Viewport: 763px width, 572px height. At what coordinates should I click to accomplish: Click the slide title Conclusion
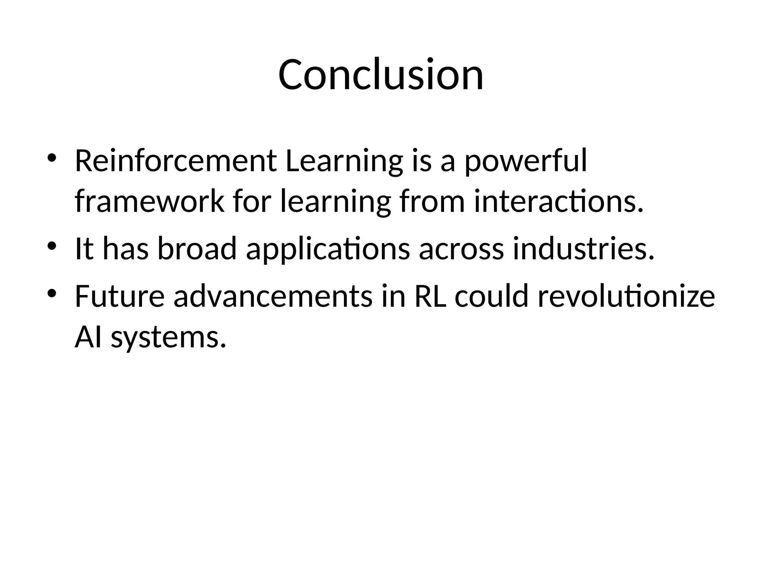pyautogui.click(x=381, y=75)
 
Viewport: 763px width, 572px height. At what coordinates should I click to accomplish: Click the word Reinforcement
pyautogui.click(x=175, y=161)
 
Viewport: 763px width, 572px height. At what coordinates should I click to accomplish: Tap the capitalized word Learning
pyautogui.click(x=344, y=161)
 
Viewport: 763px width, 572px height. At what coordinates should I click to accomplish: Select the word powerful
pyautogui.click(x=525, y=161)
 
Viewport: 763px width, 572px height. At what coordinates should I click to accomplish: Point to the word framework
pyautogui.click(x=149, y=201)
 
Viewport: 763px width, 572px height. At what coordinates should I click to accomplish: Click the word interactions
pyautogui.click(x=559, y=201)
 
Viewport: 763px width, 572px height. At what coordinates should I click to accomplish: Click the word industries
pyautogui.click(x=583, y=248)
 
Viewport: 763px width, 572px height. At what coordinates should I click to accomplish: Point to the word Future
pyautogui.click(x=120, y=296)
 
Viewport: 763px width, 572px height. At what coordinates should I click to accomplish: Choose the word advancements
pyautogui.click(x=273, y=296)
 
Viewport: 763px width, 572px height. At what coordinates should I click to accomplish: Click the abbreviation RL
pyautogui.click(x=430, y=296)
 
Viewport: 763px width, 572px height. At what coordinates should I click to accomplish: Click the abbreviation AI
pyautogui.click(x=88, y=337)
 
